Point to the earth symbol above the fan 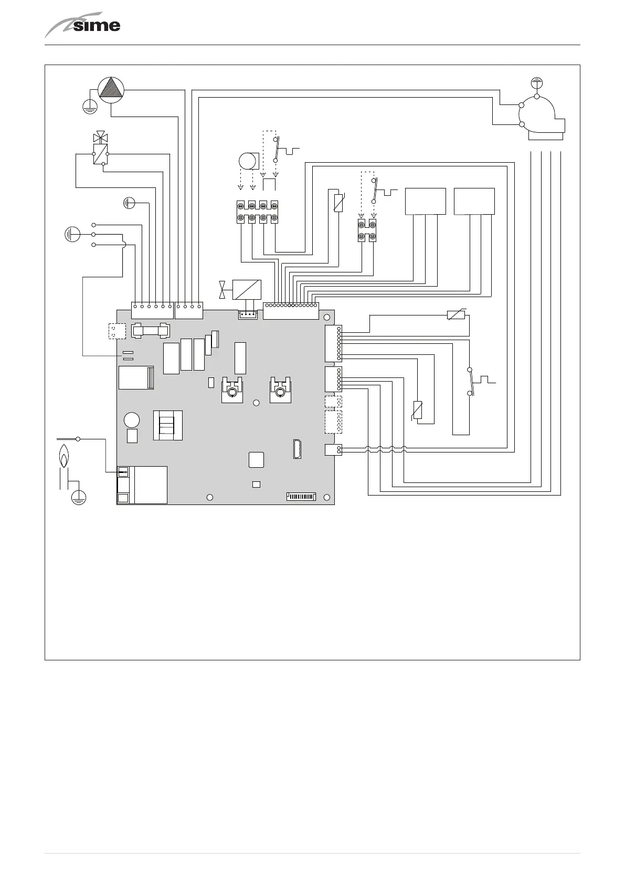point(536,82)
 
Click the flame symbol point(63,456)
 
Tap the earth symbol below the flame point(79,497)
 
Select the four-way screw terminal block point(257,212)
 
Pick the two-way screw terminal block point(367,230)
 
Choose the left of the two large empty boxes point(426,201)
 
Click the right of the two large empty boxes point(474,201)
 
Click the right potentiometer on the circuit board point(280,390)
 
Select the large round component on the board point(132,420)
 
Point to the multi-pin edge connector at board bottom point(301,496)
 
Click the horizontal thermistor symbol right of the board point(456,315)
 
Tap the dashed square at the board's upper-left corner point(117,331)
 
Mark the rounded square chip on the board point(256,459)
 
